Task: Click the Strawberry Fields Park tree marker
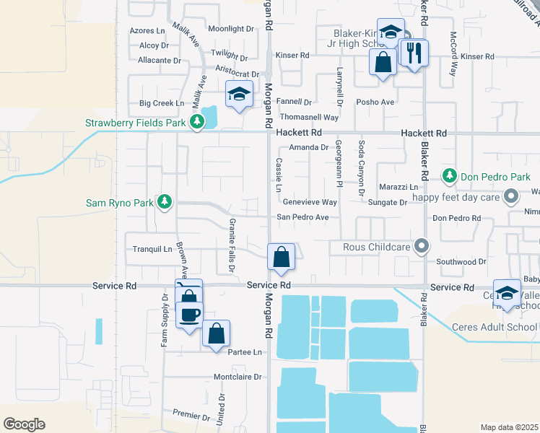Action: point(196,123)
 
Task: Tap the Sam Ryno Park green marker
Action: point(165,203)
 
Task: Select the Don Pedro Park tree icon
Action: point(450,176)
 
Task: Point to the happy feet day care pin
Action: point(511,196)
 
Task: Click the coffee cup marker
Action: point(190,315)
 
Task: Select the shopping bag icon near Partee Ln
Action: point(216,333)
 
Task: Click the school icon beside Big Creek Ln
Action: point(239,94)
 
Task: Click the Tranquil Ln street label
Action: point(151,249)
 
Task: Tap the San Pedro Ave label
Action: point(303,217)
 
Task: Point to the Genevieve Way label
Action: point(310,203)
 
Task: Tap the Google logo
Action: point(24,424)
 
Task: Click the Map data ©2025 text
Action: point(509,427)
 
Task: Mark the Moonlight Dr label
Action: point(232,30)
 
